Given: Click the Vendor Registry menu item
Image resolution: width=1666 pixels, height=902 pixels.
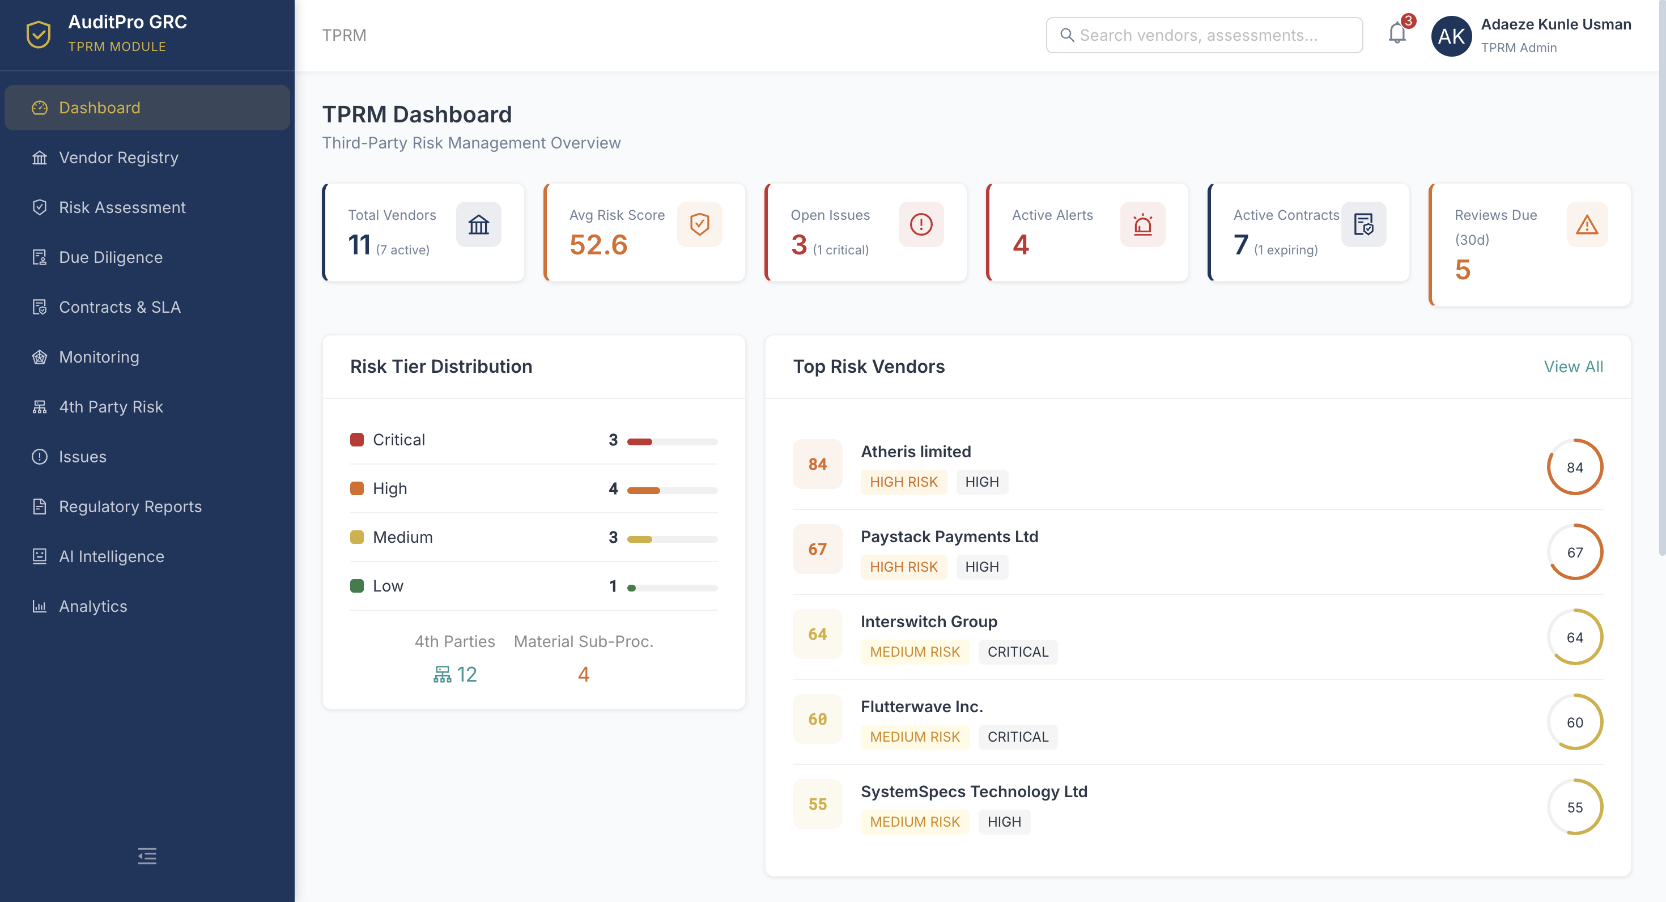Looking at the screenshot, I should pyautogui.click(x=118, y=158).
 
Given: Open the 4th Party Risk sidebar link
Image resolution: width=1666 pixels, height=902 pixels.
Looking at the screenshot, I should pyautogui.click(x=110, y=407).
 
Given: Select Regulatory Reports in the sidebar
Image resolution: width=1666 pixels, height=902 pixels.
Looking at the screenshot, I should pyautogui.click(x=130, y=507).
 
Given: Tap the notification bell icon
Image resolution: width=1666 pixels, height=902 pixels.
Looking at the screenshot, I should pyautogui.click(x=1397, y=33).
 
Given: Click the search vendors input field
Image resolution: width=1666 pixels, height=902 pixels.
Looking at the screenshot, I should pyautogui.click(x=1204, y=35).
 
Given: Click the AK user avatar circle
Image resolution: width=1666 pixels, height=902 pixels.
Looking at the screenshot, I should pyautogui.click(x=1451, y=36).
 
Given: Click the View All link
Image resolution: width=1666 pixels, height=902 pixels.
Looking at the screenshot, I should pyautogui.click(x=1573, y=367).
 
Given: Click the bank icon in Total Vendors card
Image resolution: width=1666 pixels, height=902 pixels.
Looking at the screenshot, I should pyautogui.click(x=479, y=224).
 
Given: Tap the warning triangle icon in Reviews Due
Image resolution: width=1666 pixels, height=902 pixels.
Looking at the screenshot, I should pyautogui.click(x=1587, y=224).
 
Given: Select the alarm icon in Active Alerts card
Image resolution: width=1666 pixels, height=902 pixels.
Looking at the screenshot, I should pyautogui.click(x=1142, y=224).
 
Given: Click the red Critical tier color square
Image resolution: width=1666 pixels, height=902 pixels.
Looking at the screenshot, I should pyautogui.click(x=357, y=440).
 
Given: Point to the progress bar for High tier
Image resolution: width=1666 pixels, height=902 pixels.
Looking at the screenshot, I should pyautogui.click(x=672, y=490).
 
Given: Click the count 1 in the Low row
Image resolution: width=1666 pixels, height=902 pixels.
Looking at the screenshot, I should pyautogui.click(x=613, y=586).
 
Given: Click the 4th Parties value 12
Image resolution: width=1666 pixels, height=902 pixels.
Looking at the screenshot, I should pyautogui.click(x=466, y=674).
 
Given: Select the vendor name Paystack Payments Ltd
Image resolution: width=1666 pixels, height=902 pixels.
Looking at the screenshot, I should pyautogui.click(x=949, y=537).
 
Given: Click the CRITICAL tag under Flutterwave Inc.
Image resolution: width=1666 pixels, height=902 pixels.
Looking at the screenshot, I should pyautogui.click(x=1017, y=737).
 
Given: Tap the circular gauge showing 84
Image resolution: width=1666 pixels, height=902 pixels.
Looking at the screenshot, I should pyautogui.click(x=1574, y=467).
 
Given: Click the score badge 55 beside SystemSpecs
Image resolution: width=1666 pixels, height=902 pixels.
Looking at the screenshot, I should pyautogui.click(x=818, y=804).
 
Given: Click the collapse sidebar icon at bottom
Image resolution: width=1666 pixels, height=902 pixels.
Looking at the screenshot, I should pyautogui.click(x=147, y=856).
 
